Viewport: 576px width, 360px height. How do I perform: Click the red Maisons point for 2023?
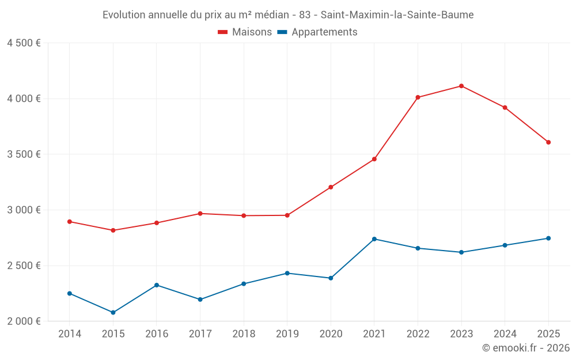click(461, 86)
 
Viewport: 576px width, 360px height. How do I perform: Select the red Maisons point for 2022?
click(418, 97)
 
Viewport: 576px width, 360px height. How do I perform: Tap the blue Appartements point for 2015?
click(113, 312)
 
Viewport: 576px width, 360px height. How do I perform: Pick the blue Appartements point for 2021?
click(374, 239)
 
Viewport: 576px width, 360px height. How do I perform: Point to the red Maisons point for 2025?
click(548, 142)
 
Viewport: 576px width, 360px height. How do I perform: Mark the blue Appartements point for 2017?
click(200, 300)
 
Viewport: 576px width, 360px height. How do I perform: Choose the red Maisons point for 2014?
click(70, 221)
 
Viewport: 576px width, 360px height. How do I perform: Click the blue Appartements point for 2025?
click(548, 238)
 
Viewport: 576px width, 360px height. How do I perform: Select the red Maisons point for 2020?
click(331, 187)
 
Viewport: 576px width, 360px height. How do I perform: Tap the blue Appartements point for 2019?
click(287, 273)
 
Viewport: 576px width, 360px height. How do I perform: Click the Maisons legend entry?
click(245, 32)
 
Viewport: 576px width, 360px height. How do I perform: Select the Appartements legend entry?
click(317, 32)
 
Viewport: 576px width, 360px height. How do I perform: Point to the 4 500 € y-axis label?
click(24, 43)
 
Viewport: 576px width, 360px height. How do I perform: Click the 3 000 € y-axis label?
click(24, 210)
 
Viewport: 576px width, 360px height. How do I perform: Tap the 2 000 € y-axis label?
click(24, 321)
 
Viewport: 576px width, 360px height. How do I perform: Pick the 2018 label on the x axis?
click(244, 334)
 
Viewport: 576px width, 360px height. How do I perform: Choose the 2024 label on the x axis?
click(505, 334)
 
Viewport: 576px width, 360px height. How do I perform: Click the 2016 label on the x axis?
click(157, 334)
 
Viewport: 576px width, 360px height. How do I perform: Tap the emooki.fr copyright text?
click(526, 348)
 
